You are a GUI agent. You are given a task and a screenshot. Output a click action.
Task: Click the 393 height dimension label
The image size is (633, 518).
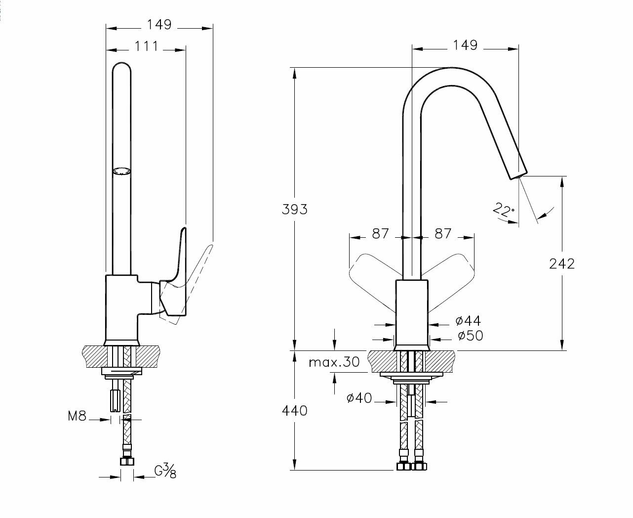pyautogui.click(x=295, y=209)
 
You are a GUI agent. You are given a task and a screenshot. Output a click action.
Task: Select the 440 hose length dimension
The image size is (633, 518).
pyautogui.click(x=295, y=410)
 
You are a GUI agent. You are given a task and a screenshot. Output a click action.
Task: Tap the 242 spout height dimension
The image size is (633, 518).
pyautogui.click(x=562, y=263)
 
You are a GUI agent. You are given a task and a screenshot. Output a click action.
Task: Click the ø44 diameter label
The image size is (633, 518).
pyautogui.click(x=468, y=321)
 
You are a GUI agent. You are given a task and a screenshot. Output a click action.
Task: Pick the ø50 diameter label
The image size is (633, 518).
pyautogui.click(x=470, y=336)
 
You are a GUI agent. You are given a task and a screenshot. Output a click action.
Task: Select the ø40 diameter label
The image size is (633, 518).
pyautogui.click(x=359, y=398)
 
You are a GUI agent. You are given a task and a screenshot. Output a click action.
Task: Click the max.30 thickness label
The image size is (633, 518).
pyautogui.click(x=334, y=362)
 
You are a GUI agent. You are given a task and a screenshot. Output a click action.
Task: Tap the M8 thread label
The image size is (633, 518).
pyautogui.click(x=77, y=416)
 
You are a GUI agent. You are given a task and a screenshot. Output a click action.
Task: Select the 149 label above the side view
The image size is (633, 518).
pyautogui.click(x=159, y=24)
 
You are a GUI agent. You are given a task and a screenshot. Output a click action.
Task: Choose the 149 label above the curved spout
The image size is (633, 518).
pyautogui.click(x=465, y=45)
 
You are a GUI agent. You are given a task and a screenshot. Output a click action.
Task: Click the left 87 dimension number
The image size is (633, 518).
pyautogui.click(x=380, y=233)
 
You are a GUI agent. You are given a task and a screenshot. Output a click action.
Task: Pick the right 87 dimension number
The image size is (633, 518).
pyautogui.click(x=442, y=233)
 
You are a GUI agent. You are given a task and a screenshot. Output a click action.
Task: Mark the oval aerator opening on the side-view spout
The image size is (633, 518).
pyautogui.click(x=122, y=172)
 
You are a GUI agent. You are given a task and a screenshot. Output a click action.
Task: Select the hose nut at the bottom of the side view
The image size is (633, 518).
pyautogui.click(x=127, y=461)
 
